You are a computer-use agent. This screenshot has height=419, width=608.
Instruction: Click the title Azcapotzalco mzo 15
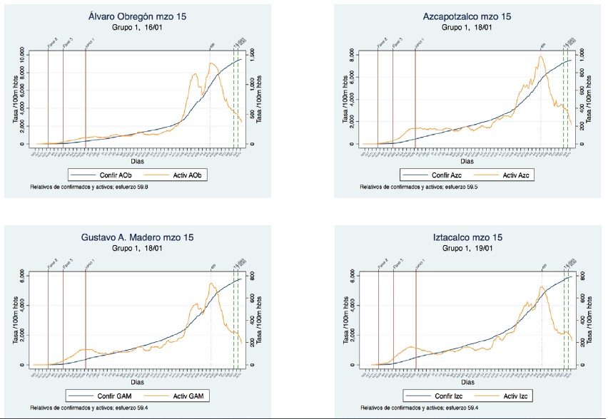point(467,16)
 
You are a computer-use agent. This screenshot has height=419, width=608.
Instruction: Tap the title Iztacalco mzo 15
point(467,237)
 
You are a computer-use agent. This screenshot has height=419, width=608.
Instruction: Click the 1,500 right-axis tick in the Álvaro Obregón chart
point(252,53)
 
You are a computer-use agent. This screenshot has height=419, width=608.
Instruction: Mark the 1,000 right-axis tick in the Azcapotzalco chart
point(582,53)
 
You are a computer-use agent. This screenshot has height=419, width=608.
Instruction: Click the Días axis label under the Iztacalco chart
point(467,383)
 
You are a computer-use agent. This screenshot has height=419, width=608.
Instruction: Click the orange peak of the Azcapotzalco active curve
point(542,57)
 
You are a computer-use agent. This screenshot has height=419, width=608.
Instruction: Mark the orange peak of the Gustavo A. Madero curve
point(211,284)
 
